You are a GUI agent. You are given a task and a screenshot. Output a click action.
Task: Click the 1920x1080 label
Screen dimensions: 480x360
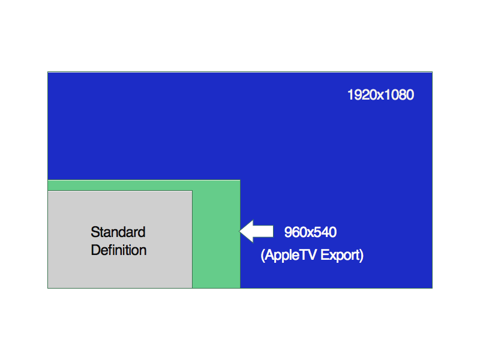pyautogui.click(x=380, y=95)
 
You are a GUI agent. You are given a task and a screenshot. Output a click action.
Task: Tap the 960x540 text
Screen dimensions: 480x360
pyautogui.click(x=310, y=232)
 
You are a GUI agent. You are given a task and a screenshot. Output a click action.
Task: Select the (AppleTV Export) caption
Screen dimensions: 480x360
pyautogui.click(x=312, y=255)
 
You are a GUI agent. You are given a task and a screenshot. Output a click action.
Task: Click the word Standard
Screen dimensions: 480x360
pyautogui.click(x=118, y=232)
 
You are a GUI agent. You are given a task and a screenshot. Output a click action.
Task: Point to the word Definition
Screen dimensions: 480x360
pyautogui.click(x=119, y=250)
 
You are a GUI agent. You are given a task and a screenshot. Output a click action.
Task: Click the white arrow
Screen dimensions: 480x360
pyautogui.click(x=257, y=231)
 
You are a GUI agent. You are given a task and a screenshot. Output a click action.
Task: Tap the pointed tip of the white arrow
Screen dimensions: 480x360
pyautogui.click(x=239, y=231)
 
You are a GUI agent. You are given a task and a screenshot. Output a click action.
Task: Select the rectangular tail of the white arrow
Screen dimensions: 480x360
pyautogui.click(x=263, y=231)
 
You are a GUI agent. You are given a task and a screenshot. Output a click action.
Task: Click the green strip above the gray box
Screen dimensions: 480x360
pyautogui.click(x=144, y=185)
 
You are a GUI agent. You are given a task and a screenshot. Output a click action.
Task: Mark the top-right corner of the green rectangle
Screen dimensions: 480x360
pyautogui.click(x=240, y=181)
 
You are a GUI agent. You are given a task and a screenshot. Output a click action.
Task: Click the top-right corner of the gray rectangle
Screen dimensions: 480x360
pyautogui.click(x=192, y=191)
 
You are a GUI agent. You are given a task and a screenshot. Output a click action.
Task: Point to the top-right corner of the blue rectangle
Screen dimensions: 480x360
pyautogui.click(x=432, y=72)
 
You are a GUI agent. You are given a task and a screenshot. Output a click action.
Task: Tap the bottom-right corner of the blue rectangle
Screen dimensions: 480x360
pyautogui.click(x=432, y=288)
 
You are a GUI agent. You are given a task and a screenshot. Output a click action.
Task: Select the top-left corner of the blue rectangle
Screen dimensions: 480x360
pyautogui.click(x=48, y=72)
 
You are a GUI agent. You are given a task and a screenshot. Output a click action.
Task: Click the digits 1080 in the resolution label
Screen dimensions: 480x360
pyautogui.click(x=399, y=95)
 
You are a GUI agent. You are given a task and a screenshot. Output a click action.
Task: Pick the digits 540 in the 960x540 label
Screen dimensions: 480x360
pyautogui.click(x=325, y=232)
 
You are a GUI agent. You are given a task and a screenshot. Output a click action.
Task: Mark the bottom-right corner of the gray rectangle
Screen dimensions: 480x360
pyautogui.click(x=192, y=288)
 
